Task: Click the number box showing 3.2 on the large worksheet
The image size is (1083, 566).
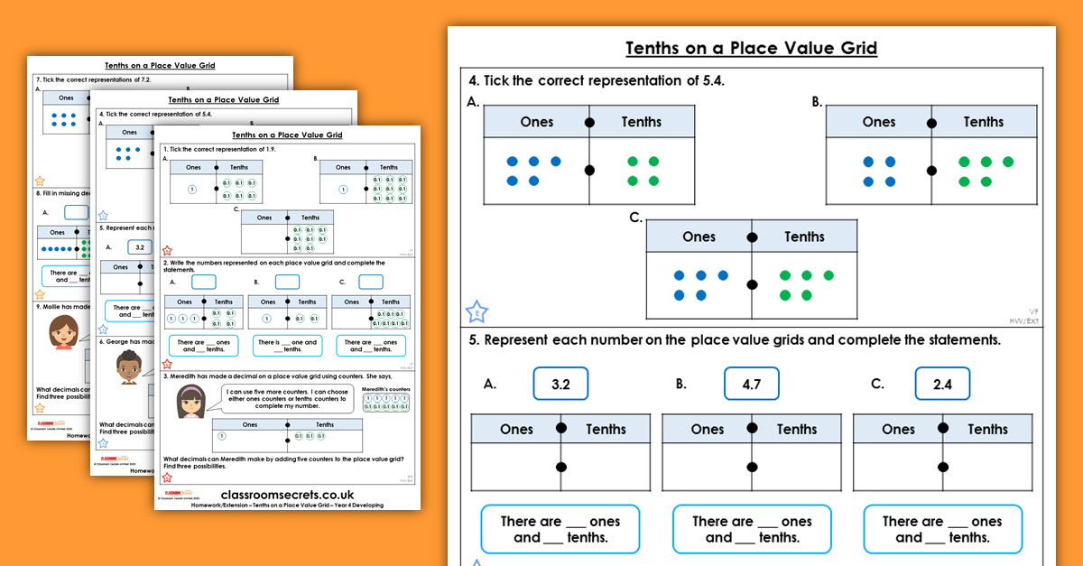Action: coord(560,384)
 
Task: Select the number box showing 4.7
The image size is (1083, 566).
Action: coord(752,384)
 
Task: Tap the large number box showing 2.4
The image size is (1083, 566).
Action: coord(942,384)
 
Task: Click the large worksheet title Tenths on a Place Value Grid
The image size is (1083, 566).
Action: coord(751,48)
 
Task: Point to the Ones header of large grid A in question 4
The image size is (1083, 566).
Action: coord(536,122)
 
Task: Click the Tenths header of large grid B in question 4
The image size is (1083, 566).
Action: coord(983,122)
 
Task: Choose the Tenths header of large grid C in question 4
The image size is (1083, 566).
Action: coord(804,237)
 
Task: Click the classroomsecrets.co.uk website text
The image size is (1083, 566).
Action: coord(287,495)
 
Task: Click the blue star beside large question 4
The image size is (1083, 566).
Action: coord(477,312)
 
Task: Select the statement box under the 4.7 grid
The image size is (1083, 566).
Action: coord(751,529)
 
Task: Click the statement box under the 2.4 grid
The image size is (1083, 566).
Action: coord(942,529)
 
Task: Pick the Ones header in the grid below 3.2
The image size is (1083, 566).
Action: coord(516,429)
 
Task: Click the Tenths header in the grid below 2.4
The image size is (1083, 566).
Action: coord(987,429)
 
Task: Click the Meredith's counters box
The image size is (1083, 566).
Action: coord(385,400)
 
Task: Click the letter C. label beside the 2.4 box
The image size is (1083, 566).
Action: coord(877,384)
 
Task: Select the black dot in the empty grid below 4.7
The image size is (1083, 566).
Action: coord(752,467)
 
